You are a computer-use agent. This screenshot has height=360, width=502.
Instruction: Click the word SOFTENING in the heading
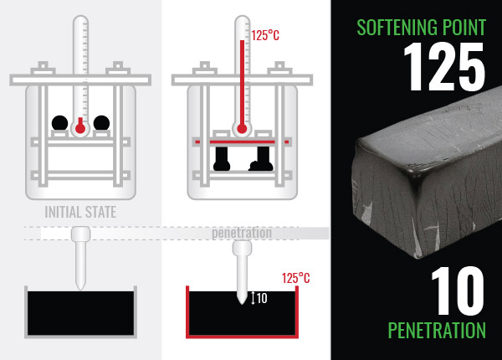[397, 28]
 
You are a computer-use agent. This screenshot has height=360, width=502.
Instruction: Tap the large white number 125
[444, 67]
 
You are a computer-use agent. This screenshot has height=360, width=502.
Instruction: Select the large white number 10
[457, 291]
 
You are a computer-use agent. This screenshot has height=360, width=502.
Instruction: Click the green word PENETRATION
[437, 330]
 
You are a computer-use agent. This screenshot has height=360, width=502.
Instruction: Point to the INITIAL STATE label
[80, 212]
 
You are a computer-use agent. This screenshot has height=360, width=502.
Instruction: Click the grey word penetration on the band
[242, 233]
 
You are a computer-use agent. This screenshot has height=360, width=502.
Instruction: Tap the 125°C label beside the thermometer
[265, 35]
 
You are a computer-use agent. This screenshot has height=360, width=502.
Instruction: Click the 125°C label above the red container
[296, 278]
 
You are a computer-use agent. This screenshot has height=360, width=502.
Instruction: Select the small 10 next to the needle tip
[262, 298]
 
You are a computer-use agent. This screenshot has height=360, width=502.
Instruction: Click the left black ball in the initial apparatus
[60, 123]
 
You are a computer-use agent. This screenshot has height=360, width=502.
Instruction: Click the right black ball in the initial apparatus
[101, 123]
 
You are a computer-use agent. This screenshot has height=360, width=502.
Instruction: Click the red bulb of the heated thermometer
[242, 129]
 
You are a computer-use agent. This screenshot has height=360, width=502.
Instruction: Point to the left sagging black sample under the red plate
[222, 158]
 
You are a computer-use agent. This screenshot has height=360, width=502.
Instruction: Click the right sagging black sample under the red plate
[261, 158]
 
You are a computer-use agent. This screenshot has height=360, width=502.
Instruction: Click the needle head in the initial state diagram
[80, 234]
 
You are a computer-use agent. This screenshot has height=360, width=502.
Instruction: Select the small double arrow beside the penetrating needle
[253, 298]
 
